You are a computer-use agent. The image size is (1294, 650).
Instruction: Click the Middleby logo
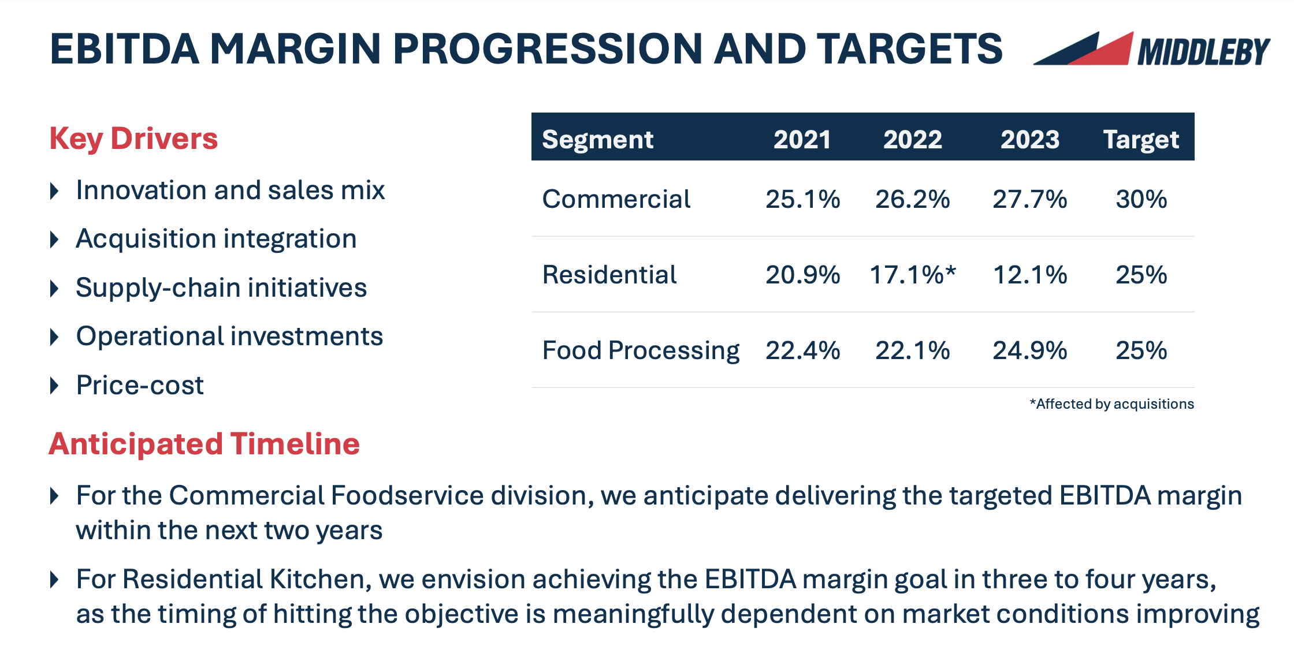(1151, 49)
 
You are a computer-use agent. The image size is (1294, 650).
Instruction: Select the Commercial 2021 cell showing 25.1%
(802, 199)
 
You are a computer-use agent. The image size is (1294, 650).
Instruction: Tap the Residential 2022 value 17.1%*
(912, 275)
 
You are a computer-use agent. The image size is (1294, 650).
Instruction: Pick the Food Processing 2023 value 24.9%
(1029, 350)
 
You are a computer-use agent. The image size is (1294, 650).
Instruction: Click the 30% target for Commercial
(1141, 199)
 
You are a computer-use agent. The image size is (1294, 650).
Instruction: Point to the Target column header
(1140, 140)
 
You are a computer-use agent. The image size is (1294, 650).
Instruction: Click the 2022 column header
(912, 140)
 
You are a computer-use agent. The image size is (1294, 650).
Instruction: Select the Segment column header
(597, 140)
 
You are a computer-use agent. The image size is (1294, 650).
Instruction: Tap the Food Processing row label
(640, 350)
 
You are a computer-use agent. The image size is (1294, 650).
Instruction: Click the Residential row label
(609, 275)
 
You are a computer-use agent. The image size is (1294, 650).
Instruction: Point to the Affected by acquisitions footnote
(1111, 404)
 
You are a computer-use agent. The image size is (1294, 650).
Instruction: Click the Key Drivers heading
(133, 139)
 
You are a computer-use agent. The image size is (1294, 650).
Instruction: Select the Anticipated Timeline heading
(204, 444)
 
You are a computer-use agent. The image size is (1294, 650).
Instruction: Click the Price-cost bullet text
(140, 385)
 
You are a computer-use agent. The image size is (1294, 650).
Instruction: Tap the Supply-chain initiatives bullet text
(221, 287)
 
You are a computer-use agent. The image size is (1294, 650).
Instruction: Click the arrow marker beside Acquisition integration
(55, 239)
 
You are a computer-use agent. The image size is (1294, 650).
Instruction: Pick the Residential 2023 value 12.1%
(1029, 275)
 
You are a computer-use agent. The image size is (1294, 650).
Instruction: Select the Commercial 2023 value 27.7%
(1029, 199)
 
